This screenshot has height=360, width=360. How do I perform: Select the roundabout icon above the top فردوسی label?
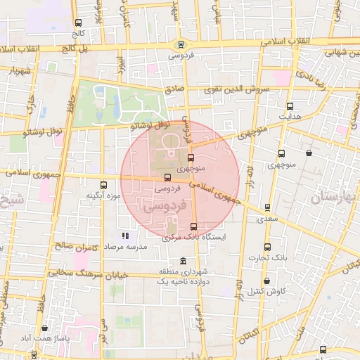181,43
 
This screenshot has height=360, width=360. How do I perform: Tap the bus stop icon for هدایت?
290,106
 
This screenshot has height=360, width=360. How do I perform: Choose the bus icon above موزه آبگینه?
104,185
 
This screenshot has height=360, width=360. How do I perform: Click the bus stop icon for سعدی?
267,207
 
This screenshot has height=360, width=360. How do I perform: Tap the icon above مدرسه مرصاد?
125,236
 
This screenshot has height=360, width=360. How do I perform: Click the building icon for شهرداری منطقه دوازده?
183,261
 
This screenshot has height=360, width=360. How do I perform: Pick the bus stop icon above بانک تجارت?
266,247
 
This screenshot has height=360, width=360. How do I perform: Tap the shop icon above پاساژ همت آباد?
44,328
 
